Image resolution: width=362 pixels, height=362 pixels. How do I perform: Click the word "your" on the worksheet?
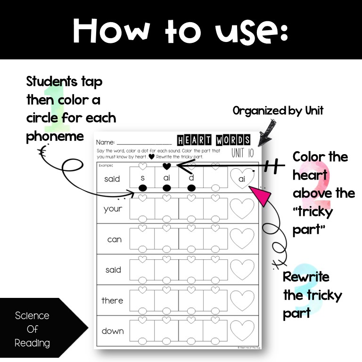tap(113, 209)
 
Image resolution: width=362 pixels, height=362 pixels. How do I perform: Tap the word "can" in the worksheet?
tap(114, 239)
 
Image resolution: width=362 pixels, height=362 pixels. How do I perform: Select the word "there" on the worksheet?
tap(112, 300)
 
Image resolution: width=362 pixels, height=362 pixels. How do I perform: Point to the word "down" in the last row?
tap(113, 331)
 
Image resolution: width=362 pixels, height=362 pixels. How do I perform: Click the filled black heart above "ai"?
tap(166, 166)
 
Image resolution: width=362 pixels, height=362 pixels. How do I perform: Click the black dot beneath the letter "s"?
tap(142, 188)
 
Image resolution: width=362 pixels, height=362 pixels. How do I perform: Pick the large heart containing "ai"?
tap(242, 178)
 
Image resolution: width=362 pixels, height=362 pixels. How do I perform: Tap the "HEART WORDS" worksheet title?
tap(214, 140)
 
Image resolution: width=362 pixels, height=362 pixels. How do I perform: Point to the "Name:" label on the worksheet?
tap(105, 142)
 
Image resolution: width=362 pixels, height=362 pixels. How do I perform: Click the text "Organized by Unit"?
tap(278, 111)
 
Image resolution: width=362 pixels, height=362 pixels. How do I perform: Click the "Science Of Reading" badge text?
tap(32, 329)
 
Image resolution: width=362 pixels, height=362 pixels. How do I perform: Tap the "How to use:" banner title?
tap(181, 31)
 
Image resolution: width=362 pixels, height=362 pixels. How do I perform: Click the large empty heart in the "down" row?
tap(242, 330)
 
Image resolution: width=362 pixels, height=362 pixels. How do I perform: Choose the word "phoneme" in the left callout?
tap(55, 136)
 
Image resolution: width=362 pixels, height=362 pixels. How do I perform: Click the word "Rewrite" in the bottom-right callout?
tap(306, 277)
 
